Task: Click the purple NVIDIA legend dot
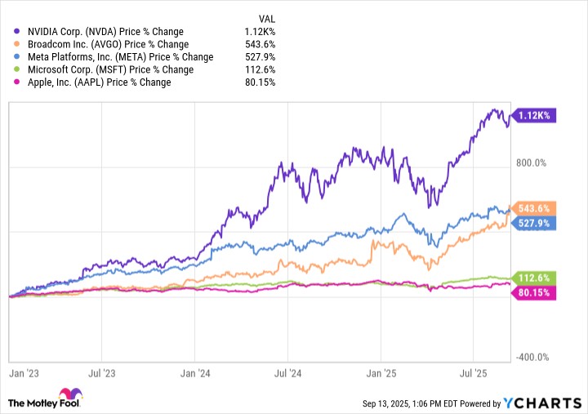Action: point(16,31)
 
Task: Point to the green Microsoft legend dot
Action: point(16,69)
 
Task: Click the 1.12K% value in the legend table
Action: point(260,32)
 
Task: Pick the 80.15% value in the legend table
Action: point(261,82)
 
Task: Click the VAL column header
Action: point(266,19)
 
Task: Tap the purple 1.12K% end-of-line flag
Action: point(533,115)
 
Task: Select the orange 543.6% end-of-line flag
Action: point(533,208)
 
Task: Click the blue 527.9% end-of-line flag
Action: point(533,224)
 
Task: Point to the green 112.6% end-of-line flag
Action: point(533,278)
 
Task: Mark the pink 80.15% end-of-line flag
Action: point(533,292)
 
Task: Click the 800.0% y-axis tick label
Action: point(531,163)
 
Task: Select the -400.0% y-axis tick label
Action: point(532,357)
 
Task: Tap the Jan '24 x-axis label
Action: point(195,373)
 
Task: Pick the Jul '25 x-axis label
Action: point(473,373)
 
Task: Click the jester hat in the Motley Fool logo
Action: point(70,394)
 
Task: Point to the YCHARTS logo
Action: point(542,403)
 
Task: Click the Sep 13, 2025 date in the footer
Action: point(385,404)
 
